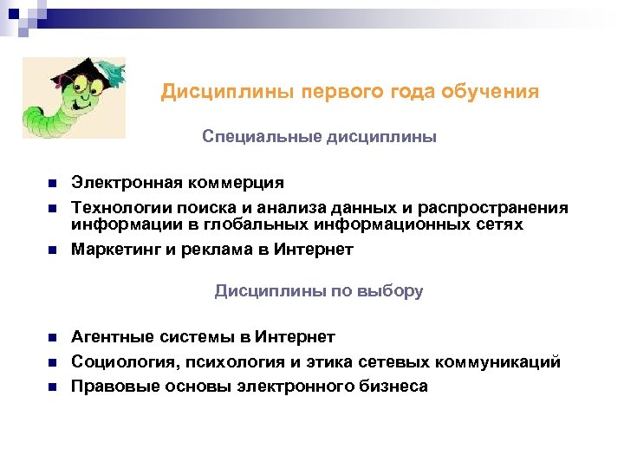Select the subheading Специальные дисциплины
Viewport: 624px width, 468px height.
point(319,137)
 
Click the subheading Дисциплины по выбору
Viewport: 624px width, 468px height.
point(319,291)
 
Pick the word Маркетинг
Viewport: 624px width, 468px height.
point(110,250)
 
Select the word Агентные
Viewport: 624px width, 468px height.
point(107,337)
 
